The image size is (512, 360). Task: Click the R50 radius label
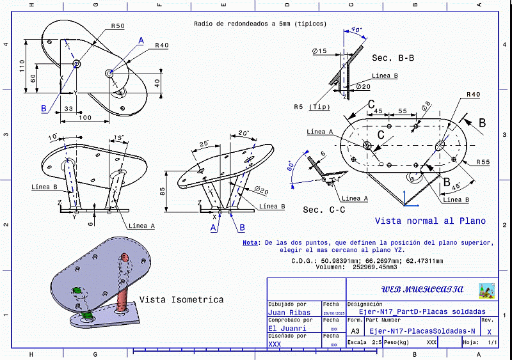coord(117,26)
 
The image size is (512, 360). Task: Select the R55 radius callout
coord(482,162)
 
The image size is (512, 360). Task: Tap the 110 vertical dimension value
coord(22,66)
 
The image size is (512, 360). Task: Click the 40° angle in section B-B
coord(356,29)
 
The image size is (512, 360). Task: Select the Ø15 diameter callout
coord(319,51)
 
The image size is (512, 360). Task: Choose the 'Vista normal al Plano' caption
coord(430,221)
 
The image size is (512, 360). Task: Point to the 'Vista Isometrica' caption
coord(181,299)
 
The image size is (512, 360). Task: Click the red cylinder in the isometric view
coord(124,274)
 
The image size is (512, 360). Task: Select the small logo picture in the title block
coord(486,290)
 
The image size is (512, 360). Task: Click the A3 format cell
coord(355,331)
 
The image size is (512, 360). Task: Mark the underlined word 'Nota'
coord(250,243)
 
